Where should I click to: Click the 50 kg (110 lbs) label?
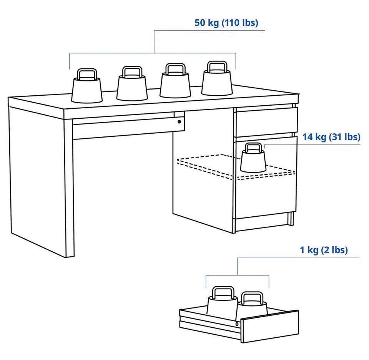(226, 23)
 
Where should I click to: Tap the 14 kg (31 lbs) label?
(331, 137)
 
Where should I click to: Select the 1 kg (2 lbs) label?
(324, 250)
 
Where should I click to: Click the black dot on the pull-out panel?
(180, 122)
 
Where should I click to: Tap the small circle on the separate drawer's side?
(237, 324)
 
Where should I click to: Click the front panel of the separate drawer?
(270, 326)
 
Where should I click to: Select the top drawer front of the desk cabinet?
(267, 122)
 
